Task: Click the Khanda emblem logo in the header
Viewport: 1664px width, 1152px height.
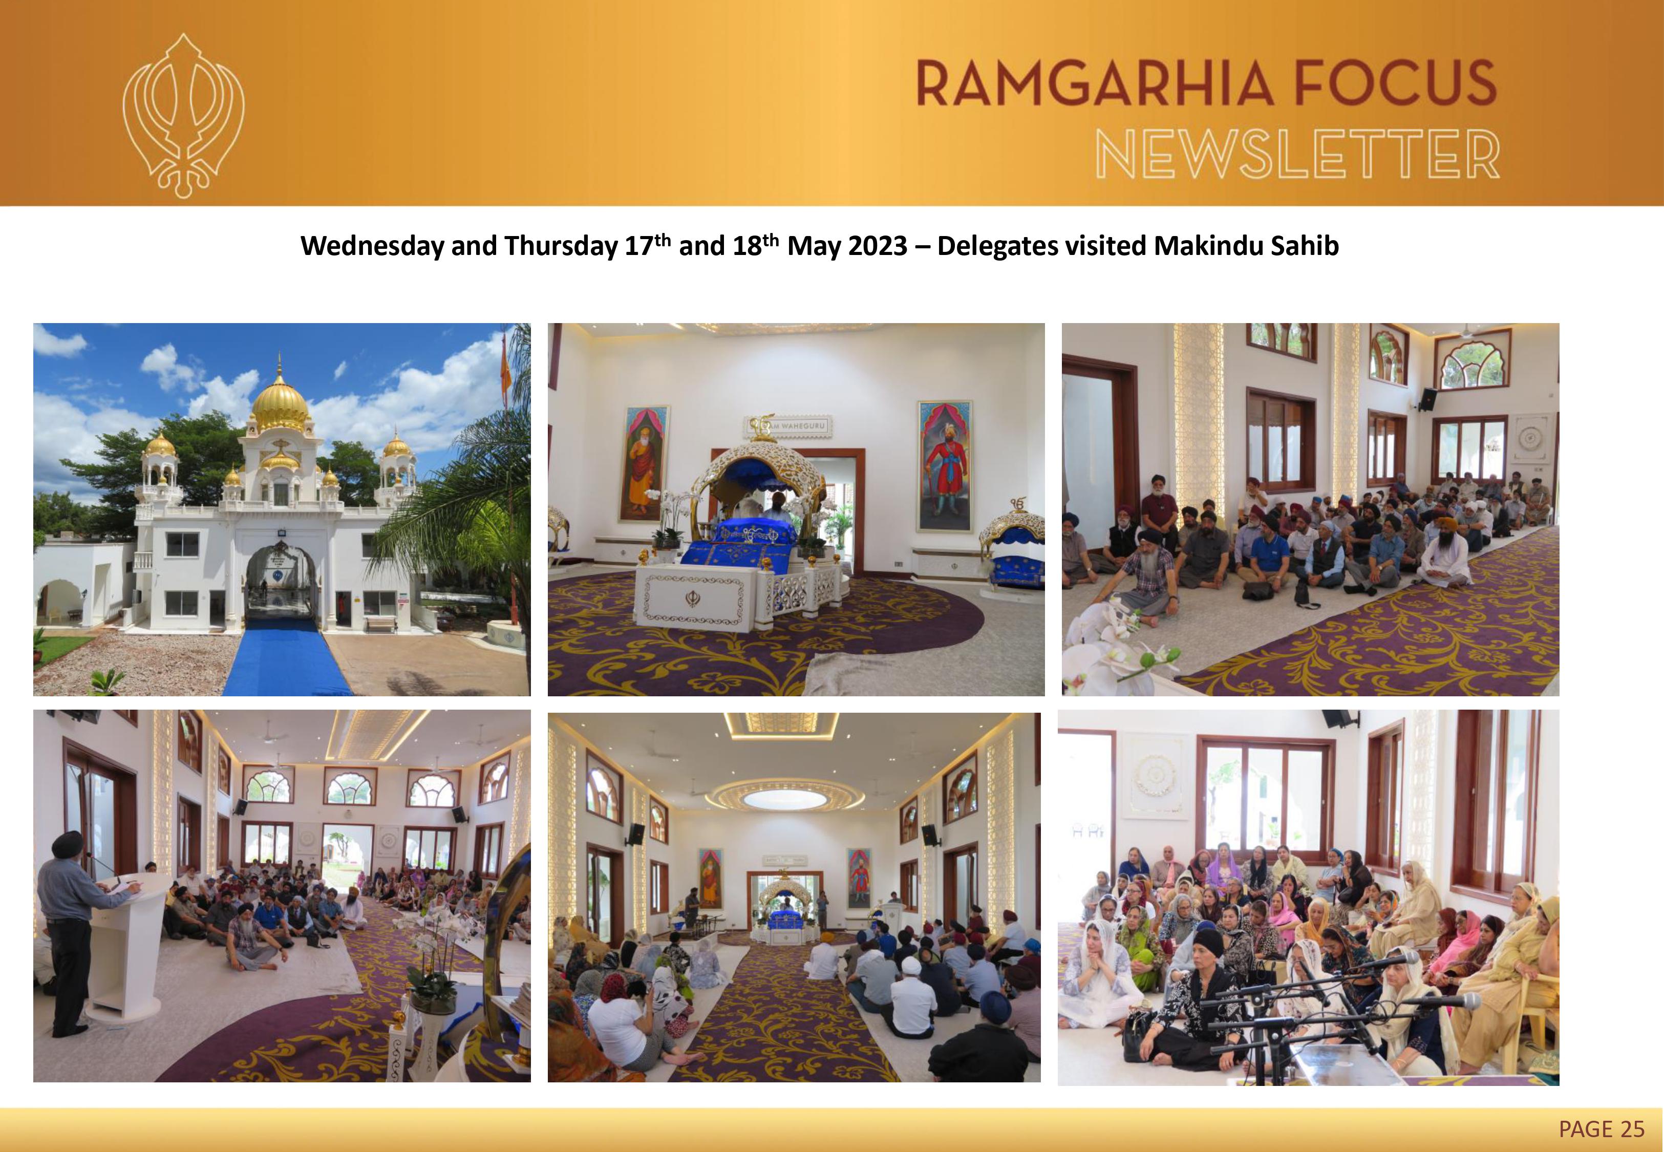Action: (183, 116)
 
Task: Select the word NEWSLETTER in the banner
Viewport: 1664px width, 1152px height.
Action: (1297, 155)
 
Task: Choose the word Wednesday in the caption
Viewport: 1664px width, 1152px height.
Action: (372, 246)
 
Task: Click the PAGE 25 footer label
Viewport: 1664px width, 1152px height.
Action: (1601, 1127)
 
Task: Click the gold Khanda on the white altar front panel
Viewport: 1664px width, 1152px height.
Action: (691, 597)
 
